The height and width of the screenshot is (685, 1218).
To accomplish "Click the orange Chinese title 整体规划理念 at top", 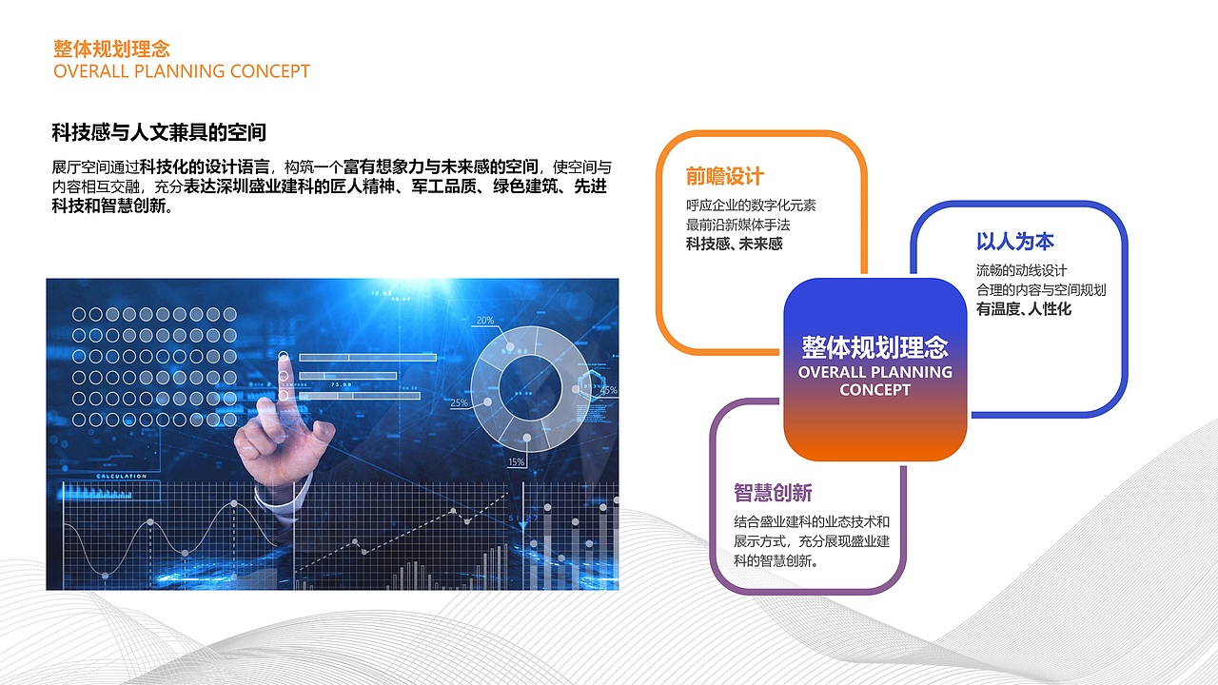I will pos(111,49).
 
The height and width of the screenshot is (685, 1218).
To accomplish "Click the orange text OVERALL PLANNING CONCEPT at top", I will pos(182,71).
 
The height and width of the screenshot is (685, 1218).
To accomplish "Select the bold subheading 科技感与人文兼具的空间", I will pos(158,132).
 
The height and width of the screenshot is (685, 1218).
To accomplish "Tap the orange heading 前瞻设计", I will pos(724,177).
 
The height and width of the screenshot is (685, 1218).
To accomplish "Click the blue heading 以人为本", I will pos(1014,242).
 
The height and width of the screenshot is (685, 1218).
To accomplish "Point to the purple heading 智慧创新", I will pos(772,493).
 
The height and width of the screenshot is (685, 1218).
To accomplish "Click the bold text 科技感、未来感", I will pos(734,244).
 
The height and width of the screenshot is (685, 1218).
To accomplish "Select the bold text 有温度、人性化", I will pos(1023,308).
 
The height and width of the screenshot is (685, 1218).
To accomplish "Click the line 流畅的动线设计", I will pos(1021,270).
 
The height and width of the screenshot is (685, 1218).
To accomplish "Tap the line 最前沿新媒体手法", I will pos(737,225).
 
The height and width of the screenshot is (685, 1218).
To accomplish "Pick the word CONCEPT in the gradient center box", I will pos(874,390).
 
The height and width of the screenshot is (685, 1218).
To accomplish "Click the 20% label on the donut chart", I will pos(485,320).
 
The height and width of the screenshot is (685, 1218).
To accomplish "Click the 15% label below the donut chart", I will pos(516,462).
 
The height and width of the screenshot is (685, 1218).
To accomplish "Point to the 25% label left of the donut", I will pos(459,403).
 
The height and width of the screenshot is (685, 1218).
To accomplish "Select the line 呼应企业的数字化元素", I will pos(751,205).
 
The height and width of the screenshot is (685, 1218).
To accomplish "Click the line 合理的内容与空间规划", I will pos(1040,289).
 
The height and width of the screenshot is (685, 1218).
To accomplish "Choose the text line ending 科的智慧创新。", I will pos(777,560).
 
